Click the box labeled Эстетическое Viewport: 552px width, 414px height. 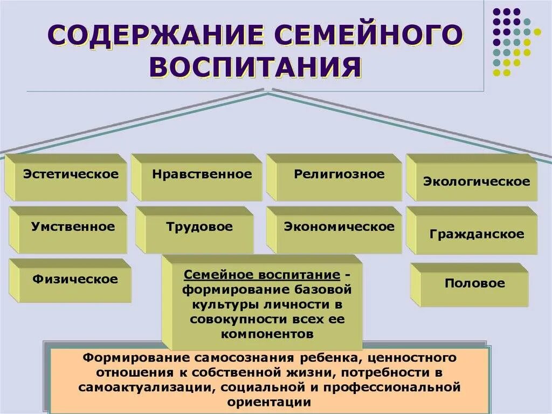(x=70, y=175)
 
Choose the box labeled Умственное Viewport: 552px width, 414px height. (x=73, y=227)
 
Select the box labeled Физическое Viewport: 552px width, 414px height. (x=75, y=279)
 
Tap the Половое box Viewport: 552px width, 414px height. (x=474, y=283)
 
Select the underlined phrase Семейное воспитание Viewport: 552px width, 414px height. (x=262, y=275)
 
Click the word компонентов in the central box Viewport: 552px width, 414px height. (x=267, y=334)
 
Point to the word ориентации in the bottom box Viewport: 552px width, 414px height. (x=269, y=402)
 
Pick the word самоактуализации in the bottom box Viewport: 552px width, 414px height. (x=144, y=388)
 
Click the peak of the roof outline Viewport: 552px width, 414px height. (x=268, y=93)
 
